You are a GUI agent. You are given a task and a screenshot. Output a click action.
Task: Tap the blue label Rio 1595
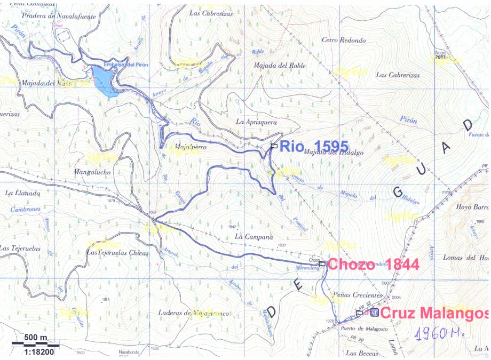pyautogui.click(x=314, y=146)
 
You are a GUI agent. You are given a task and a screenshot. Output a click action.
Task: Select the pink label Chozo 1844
pyautogui.click(x=373, y=264)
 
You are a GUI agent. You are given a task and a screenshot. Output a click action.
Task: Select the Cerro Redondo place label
pyautogui.click(x=344, y=40)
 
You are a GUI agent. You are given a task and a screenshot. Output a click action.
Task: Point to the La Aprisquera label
pyautogui.click(x=256, y=122)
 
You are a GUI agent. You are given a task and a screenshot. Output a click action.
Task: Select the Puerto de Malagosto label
pyautogui.click(x=363, y=329)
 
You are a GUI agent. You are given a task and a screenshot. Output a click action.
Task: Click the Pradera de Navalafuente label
pyautogui.click(x=51, y=16)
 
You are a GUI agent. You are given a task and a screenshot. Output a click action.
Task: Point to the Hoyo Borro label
pyautogui.click(x=472, y=206)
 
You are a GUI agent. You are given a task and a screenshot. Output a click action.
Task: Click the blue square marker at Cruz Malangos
pyautogui.click(x=375, y=313)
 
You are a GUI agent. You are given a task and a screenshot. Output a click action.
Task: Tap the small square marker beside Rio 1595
pyautogui.click(x=274, y=146)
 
